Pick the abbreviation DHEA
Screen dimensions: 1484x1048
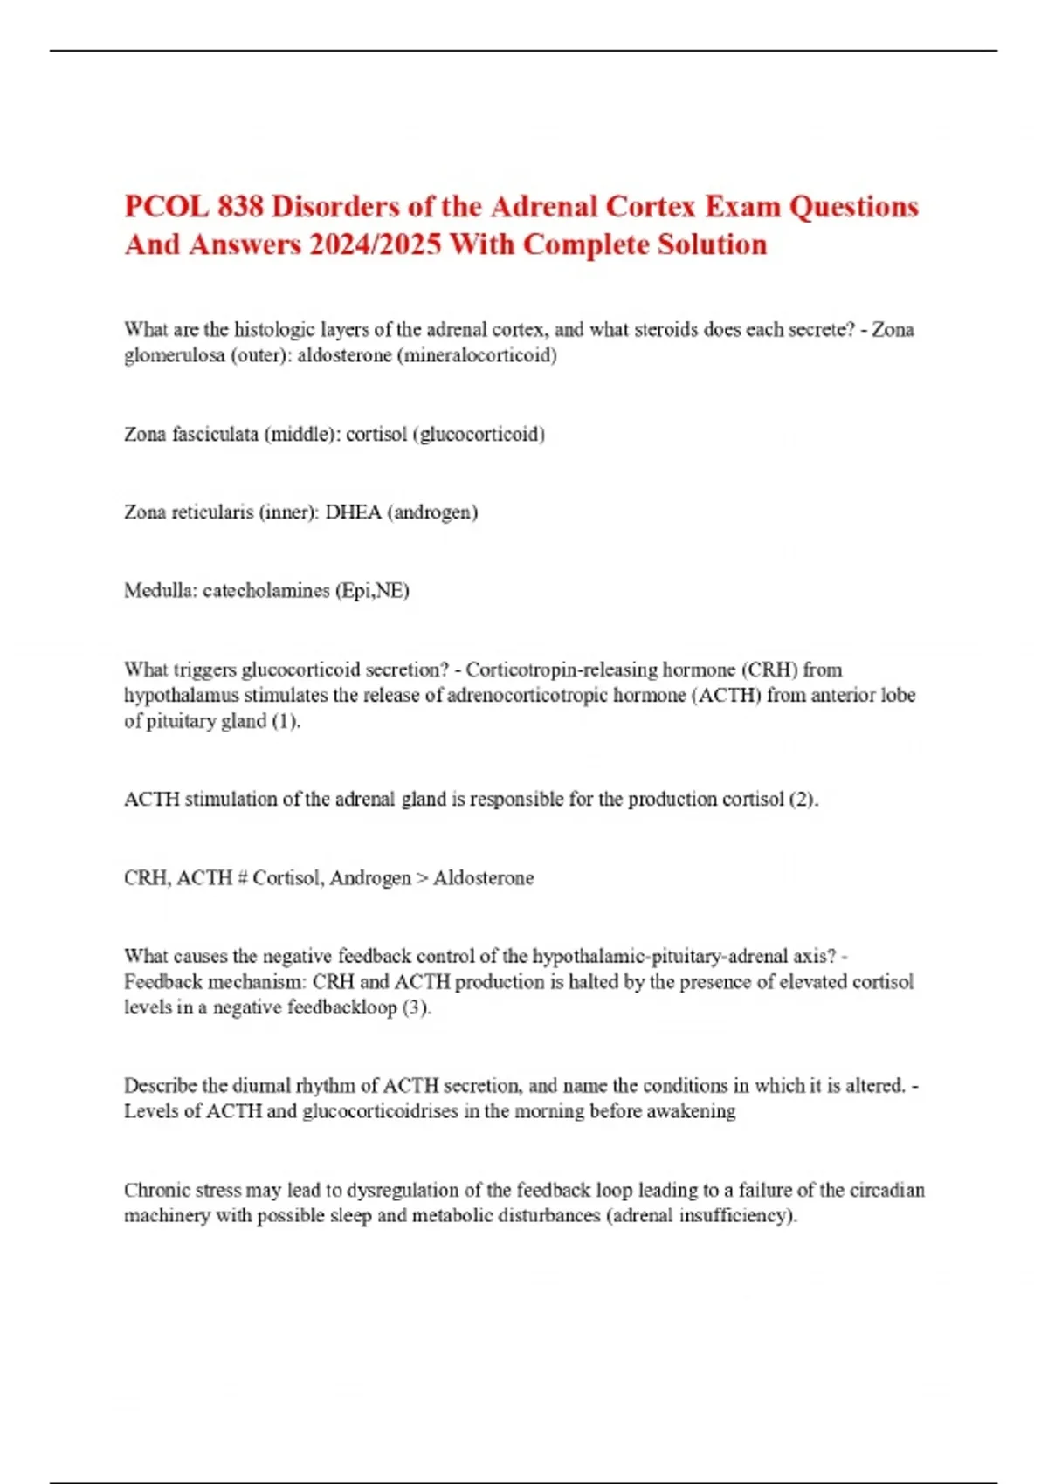tap(354, 512)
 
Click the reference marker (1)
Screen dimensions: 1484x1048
tap(286, 721)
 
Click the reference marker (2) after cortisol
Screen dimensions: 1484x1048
tap(803, 799)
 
